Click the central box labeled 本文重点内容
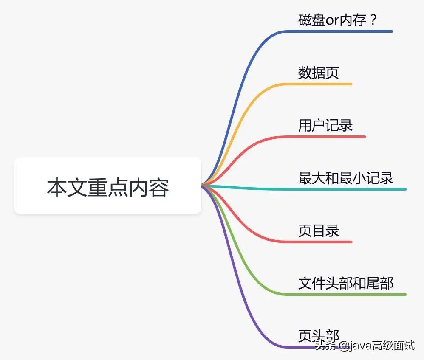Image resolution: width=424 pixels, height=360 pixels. (107, 186)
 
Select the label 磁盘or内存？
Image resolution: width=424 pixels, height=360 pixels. (338, 20)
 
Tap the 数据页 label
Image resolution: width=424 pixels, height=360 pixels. (319, 73)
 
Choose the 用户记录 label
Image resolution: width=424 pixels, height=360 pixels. (325, 125)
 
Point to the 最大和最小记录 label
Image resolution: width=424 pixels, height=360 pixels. (346, 178)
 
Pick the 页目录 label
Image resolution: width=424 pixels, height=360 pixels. (319, 231)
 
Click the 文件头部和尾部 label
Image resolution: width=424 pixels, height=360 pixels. (346, 283)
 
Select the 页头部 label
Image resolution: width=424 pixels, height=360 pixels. (319, 335)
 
